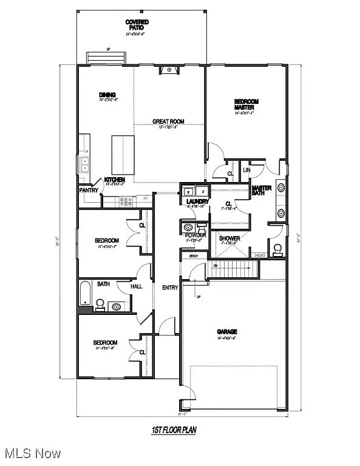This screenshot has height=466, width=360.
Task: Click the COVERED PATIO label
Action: click(137, 25)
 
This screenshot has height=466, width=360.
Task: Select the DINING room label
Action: click(107, 95)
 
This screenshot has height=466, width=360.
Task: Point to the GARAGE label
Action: click(227, 331)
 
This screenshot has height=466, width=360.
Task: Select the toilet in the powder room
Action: click(187, 227)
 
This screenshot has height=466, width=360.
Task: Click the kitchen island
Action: click(121, 155)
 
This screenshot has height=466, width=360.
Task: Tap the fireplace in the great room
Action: click(169, 70)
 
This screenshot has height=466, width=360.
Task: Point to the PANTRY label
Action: click(89, 190)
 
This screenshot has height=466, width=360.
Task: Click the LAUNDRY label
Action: click(198, 201)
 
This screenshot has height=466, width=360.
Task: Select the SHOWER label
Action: click(229, 238)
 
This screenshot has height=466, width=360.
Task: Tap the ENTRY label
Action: click(170, 288)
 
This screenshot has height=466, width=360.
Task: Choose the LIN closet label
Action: click(246, 171)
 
